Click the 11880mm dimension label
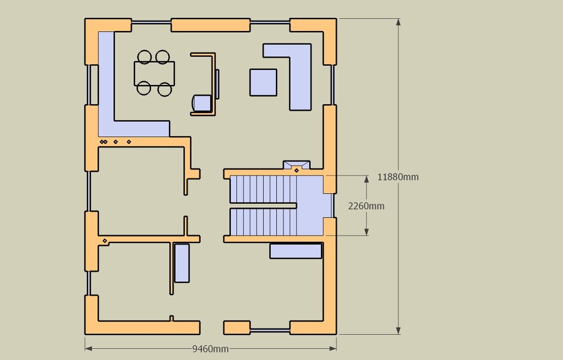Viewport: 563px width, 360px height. click(398, 177)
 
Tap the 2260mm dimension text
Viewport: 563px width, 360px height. click(367, 206)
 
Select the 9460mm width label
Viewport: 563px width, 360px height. click(211, 349)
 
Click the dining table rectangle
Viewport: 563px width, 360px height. click(154, 73)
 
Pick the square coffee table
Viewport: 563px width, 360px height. click(263, 82)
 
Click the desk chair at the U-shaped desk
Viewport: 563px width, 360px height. click(202, 103)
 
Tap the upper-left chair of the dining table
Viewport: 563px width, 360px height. click(144, 57)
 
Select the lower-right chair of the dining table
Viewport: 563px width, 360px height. click(165, 89)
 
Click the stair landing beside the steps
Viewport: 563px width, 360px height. click(311, 205)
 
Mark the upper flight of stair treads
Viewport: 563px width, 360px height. click(263, 189)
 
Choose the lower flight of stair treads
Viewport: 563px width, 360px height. click(263, 222)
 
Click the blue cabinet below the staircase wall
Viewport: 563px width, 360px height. click(296, 251)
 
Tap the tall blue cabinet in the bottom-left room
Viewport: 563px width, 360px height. click(182, 263)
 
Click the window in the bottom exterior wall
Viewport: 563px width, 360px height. click(270, 330)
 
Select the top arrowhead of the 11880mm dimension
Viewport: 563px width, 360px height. click(398, 22)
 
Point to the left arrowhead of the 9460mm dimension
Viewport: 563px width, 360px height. click(89, 349)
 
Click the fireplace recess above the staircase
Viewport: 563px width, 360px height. click(297, 165)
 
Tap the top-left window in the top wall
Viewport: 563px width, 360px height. click(151, 23)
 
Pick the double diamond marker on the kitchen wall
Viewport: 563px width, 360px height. click(104, 142)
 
